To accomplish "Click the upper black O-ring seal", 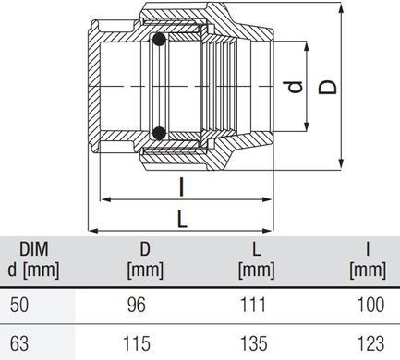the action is point(159,40).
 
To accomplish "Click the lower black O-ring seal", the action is point(159,133).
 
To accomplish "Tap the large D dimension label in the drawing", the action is point(327,87).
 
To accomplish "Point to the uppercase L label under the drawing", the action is point(182,219).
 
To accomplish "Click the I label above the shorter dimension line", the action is point(182,187).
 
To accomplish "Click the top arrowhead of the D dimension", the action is point(341,8).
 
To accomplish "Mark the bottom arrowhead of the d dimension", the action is point(306,126).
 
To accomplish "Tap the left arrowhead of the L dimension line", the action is point(93,231).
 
